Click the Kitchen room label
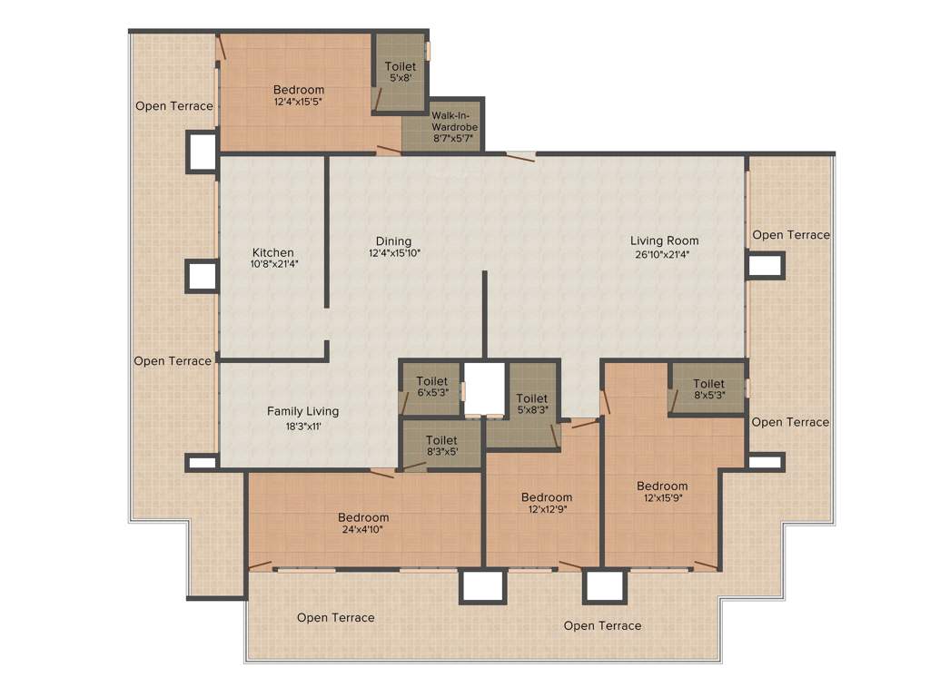(x=272, y=252)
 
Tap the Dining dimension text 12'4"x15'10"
(x=394, y=253)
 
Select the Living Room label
(x=665, y=241)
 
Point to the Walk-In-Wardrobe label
(x=454, y=121)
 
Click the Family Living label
(x=302, y=411)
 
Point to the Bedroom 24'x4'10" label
(x=363, y=517)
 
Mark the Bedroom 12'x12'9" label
(x=547, y=497)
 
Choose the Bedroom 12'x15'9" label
(x=662, y=486)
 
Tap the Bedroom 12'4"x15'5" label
(x=299, y=90)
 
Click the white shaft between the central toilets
(x=485, y=388)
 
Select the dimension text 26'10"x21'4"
(x=665, y=255)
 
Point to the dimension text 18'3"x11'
(x=302, y=425)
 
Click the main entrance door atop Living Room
(x=520, y=155)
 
